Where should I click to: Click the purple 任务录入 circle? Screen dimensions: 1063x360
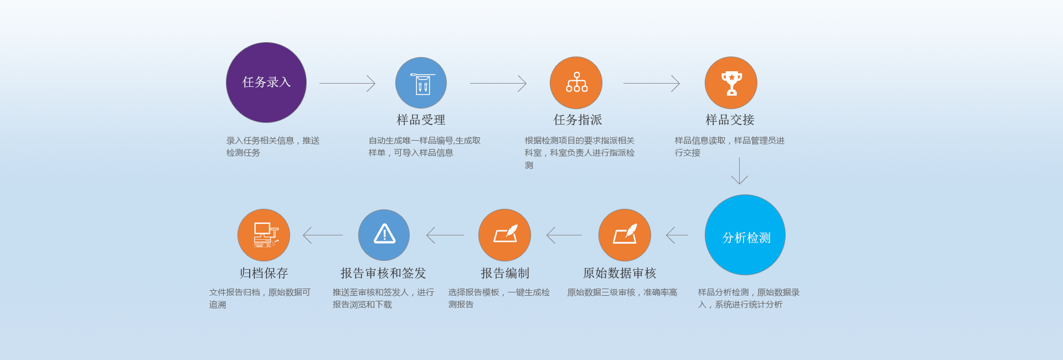(266, 83)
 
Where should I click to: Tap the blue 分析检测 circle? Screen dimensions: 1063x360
(745, 235)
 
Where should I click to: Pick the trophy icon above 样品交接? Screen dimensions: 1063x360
(731, 83)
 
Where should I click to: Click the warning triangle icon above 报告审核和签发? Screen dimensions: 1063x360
(384, 235)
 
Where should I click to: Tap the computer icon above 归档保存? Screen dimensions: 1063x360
(264, 235)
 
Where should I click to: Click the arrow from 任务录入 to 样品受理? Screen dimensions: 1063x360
(347, 84)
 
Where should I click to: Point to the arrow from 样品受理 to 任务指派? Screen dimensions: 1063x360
(498, 84)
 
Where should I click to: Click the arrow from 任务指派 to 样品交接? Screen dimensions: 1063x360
(651, 84)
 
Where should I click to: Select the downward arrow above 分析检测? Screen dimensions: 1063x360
(739, 171)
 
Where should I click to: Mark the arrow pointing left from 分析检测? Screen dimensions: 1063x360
(677, 235)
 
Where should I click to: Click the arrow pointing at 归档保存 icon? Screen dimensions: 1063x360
(323, 235)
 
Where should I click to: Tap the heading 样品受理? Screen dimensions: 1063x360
(421, 120)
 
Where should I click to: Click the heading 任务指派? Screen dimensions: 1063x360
(577, 120)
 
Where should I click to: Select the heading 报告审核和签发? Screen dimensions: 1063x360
(383, 273)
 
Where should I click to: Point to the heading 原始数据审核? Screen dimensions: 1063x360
(620, 273)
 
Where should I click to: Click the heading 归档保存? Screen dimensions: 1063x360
(264, 273)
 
